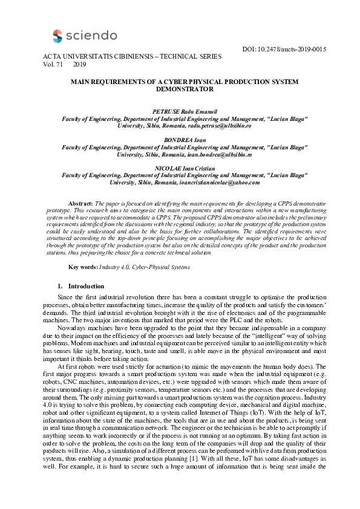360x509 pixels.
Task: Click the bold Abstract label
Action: (x=80, y=205)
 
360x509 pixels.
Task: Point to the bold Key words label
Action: (x=82, y=267)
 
